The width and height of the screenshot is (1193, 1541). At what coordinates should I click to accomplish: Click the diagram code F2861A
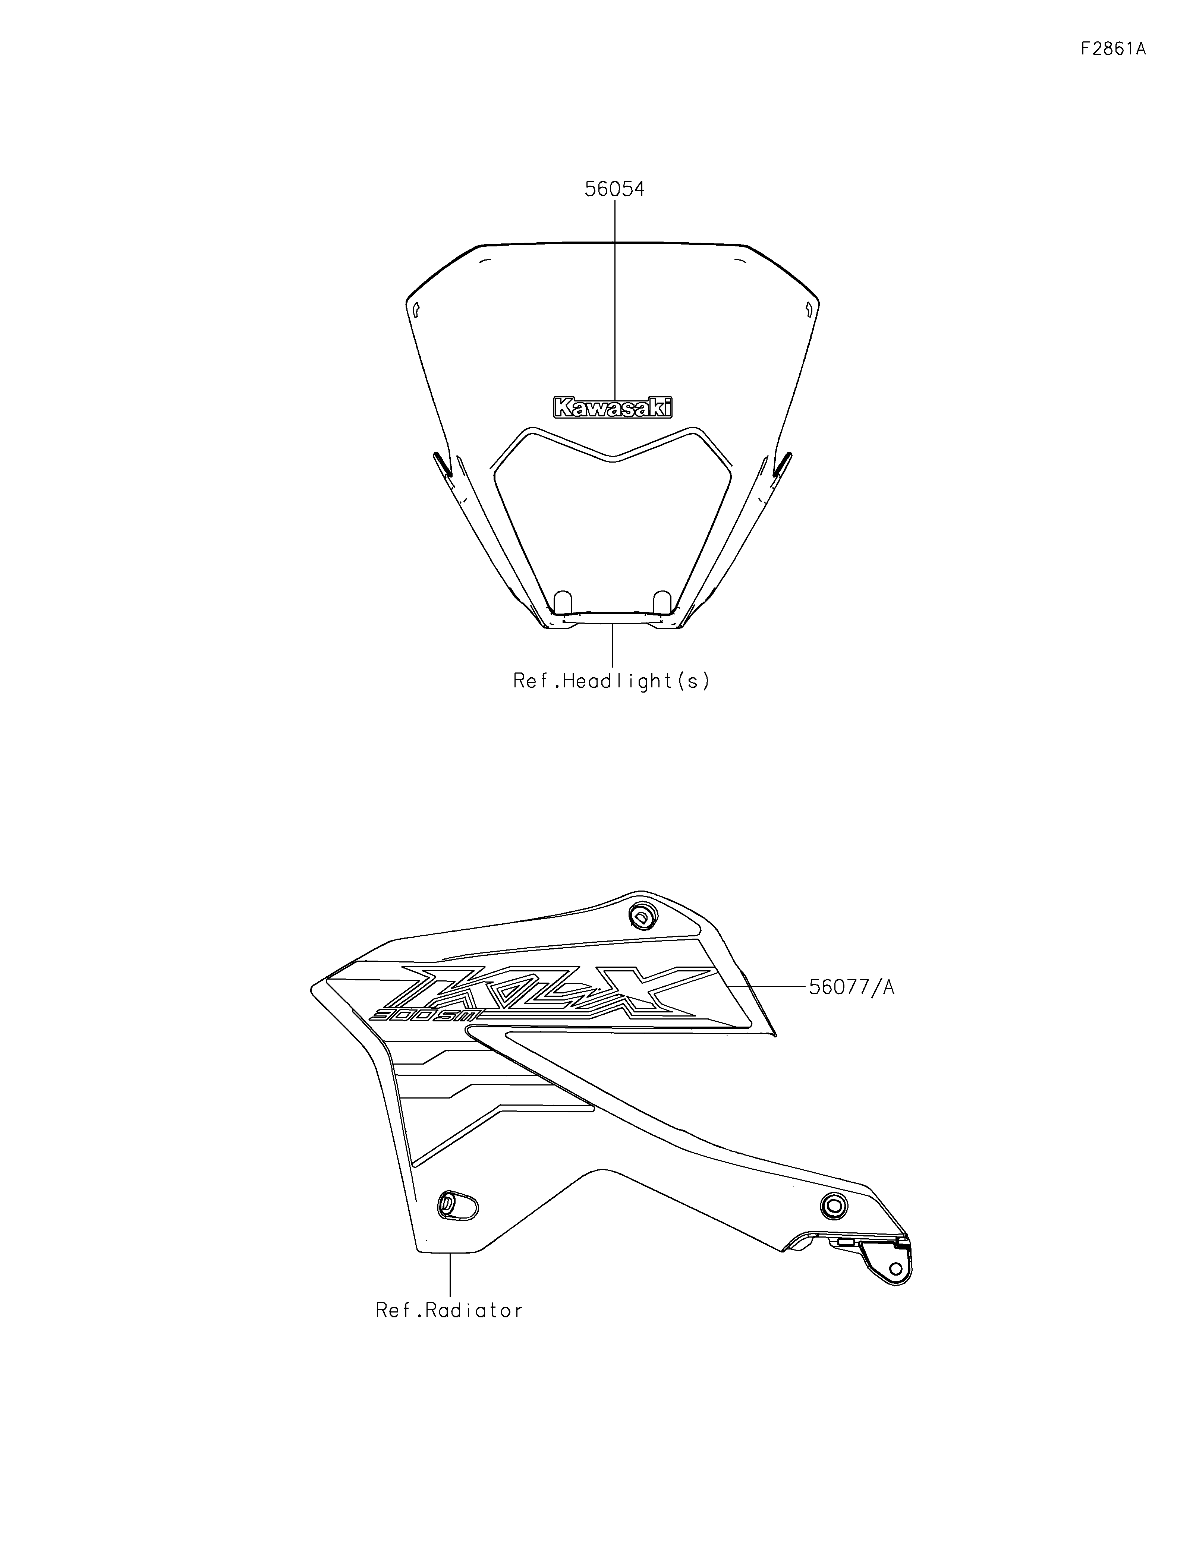(x=1112, y=49)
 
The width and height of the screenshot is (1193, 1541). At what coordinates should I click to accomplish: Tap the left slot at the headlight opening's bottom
(x=562, y=602)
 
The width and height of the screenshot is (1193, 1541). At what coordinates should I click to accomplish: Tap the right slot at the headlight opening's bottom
(x=662, y=602)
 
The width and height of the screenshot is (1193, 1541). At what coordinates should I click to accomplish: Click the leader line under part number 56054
(x=614, y=296)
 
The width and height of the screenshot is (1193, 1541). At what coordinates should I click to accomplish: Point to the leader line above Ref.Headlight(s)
(x=613, y=646)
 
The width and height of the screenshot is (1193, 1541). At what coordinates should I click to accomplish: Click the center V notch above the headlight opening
(x=613, y=460)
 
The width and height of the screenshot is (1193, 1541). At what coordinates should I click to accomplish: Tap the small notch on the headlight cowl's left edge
(x=416, y=308)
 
